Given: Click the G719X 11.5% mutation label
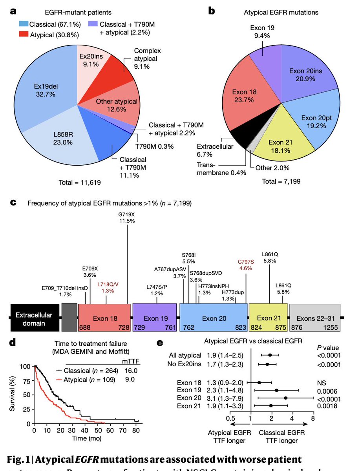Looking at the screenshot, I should click(127, 218).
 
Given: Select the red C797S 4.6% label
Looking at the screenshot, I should click(246, 264).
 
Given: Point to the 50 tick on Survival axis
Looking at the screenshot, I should click(27, 395).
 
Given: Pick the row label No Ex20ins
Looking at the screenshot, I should click(185, 364).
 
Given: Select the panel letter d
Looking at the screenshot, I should click(13, 343).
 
